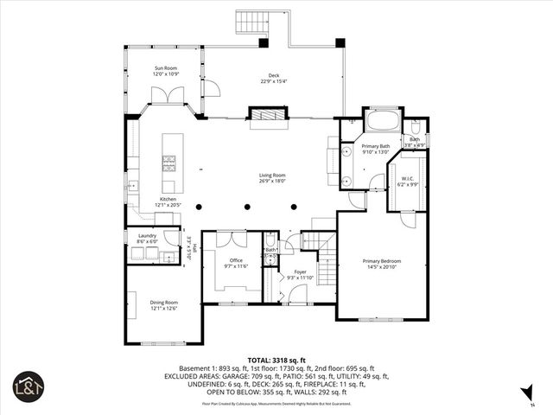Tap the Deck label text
273,75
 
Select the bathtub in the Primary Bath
381,120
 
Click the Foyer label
300,271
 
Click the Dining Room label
162,302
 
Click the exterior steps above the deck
251,22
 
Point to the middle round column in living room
248,207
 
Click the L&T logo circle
27,386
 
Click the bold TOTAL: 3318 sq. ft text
276,359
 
